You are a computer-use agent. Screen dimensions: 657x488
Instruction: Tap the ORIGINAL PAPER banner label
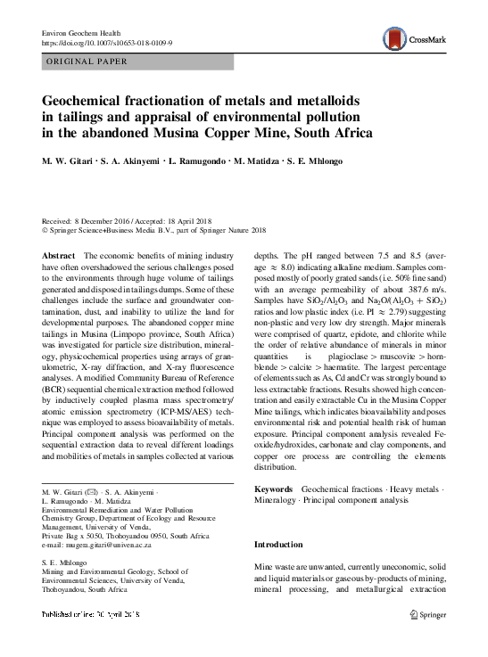(86, 62)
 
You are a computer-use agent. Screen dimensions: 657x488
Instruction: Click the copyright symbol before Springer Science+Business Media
(46, 229)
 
